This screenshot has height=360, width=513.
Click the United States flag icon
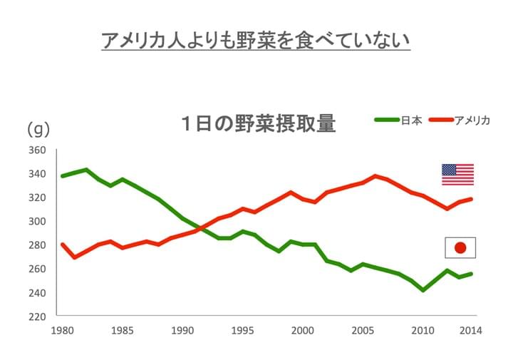(457, 175)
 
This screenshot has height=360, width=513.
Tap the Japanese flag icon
(460, 247)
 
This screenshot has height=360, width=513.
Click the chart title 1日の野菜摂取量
(257, 123)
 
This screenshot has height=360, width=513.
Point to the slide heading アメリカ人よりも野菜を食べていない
(256, 40)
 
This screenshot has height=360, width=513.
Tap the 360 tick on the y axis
(38, 150)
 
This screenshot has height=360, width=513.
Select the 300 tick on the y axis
(38, 222)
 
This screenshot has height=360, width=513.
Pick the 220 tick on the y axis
(38, 317)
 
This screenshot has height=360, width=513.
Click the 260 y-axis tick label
(38, 269)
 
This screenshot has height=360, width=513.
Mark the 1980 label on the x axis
(62, 331)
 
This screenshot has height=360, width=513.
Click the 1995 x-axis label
(243, 331)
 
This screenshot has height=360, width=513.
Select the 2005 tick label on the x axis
(363, 331)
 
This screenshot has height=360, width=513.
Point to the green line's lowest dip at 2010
(423, 290)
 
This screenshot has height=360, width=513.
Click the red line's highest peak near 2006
(375, 176)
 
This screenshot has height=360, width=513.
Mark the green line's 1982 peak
(86, 170)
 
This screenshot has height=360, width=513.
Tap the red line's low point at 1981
(75, 257)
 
